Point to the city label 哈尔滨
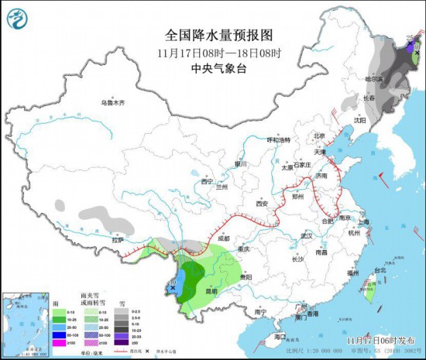click(x=374, y=78)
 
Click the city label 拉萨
click(x=117, y=240)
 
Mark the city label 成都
click(x=224, y=239)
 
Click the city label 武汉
click(x=307, y=235)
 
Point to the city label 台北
click(x=380, y=270)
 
